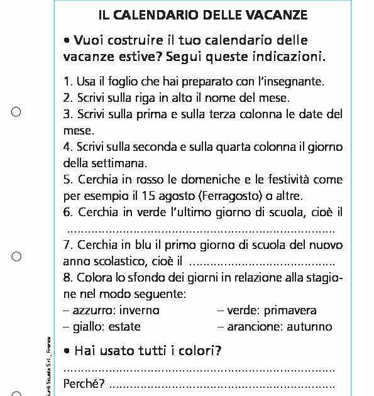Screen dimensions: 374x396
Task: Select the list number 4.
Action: click(x=68, y=147)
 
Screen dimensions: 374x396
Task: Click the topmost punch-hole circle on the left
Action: click(x=16, y=112)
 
